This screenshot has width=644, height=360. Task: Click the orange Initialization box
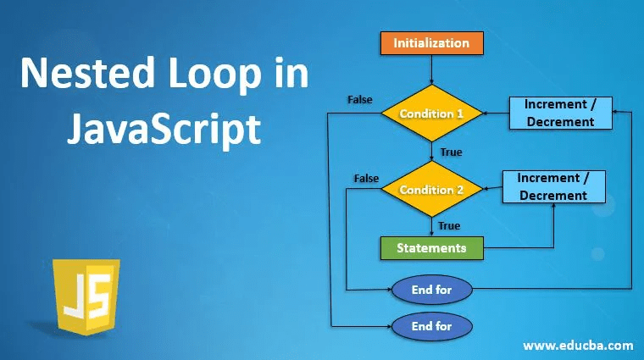(x=431, y=42)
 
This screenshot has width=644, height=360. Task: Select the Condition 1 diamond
(x=432, y=113)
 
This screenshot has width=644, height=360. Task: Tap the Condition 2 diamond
(x=432, y=190)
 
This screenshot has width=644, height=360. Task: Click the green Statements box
(x=431, y=248)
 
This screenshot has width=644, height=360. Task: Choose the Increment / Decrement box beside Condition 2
(x=552, y=187)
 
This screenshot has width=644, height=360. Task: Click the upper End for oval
(x=431, y=290)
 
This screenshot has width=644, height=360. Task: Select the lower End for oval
(x=431, y=325)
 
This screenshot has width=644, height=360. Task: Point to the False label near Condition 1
(x=360, y=99)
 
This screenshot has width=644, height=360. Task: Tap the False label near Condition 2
(x=366, y=179)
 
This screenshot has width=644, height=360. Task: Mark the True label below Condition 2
(x=449, y=225)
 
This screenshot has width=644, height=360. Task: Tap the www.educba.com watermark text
(x=578, y=346)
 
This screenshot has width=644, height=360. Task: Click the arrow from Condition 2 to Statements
(x=432, y=225)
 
